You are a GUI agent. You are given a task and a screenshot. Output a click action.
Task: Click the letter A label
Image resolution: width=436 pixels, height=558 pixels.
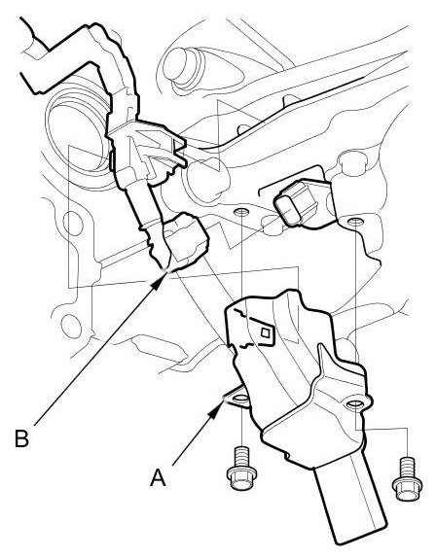click(x=158, y=477)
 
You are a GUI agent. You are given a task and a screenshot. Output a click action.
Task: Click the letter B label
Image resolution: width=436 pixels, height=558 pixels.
click(x=21, y=438)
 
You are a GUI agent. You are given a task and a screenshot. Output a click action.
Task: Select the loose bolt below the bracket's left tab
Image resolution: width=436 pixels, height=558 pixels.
click(x=241, y=468)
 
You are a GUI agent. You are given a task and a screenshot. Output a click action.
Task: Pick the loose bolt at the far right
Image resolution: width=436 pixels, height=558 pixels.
click(x=407, y=478)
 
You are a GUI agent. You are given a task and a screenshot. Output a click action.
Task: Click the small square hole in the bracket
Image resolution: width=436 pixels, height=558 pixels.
click(x=265, y=332)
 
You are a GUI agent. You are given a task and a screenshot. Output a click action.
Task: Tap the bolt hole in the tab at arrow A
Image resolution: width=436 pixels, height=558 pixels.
click(x=242, y=398)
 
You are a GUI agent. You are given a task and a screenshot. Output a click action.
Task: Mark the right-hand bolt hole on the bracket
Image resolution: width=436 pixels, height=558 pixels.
click(x=355, y=404)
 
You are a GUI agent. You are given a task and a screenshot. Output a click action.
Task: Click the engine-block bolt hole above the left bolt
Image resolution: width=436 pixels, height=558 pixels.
click(x=241, y=212)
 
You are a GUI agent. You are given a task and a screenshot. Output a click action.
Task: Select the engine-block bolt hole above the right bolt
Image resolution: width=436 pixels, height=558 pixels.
click(x=354, y=222)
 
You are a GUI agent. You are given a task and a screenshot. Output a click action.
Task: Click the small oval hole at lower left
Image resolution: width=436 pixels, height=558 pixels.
click(x=71, y=326)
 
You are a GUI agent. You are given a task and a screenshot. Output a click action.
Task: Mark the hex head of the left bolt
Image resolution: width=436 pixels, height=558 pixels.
click(x=241, y=479)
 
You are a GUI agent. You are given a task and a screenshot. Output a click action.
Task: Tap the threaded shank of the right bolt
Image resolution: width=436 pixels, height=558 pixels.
click(x=407, y=468)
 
